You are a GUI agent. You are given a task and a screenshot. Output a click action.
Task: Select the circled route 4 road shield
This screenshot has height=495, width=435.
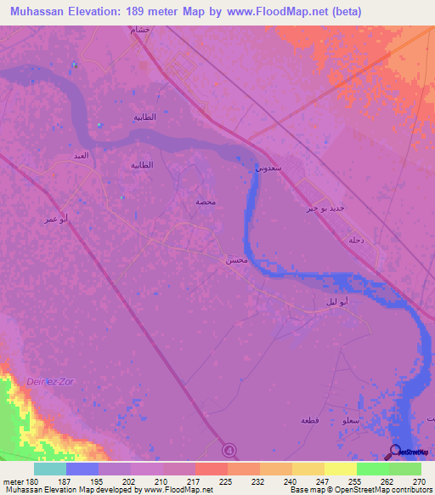[x=229, y=449]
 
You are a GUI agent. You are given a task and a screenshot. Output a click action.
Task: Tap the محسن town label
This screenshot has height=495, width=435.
[x=236, y=260]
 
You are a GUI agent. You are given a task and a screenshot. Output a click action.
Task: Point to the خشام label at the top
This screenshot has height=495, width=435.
[x=139, y=30]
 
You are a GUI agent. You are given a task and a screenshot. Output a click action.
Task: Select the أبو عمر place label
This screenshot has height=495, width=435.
[x=56, y=219]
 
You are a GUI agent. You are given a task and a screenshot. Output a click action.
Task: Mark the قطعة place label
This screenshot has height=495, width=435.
[x=309, y=420]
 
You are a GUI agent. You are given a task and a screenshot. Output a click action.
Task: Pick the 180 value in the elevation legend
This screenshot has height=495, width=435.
[x=25, y=481]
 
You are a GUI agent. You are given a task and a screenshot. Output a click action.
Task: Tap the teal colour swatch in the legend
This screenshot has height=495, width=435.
[x=50, y=469]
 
